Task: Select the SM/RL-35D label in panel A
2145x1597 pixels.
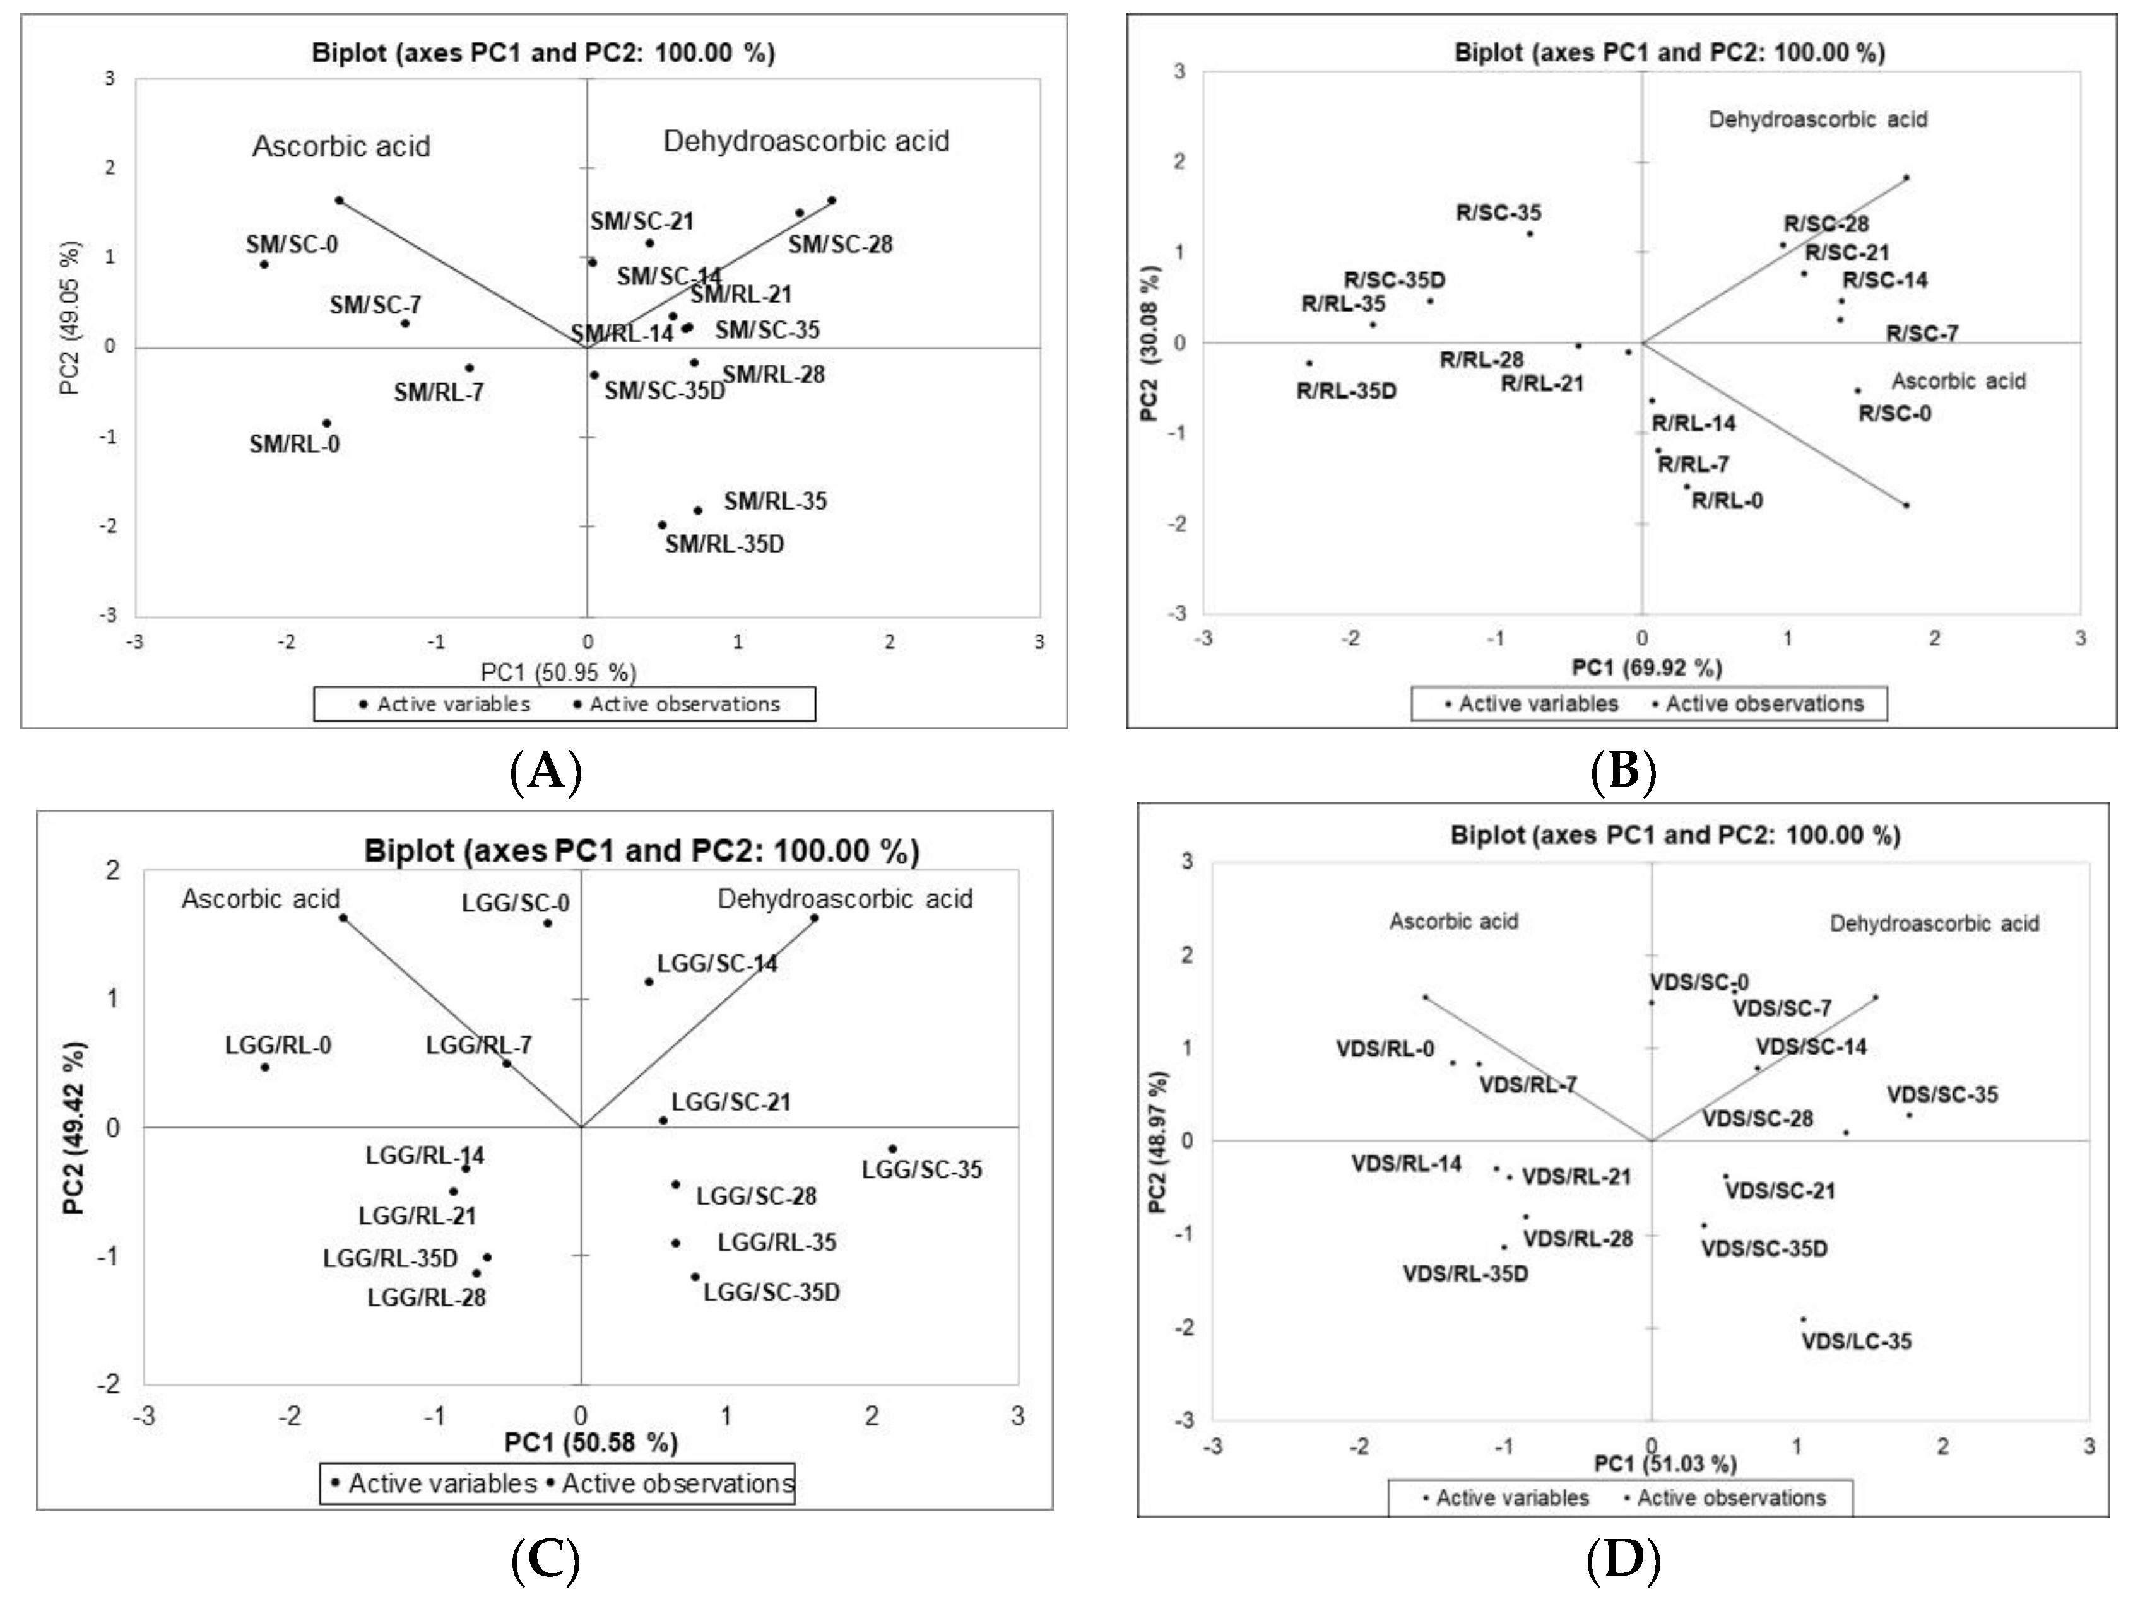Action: tap(724, 544)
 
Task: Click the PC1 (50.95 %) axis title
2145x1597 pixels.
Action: tap(559, 672)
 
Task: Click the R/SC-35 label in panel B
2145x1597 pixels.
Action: tap(1499, 213)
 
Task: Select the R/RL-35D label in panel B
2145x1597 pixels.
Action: tap(1346, 392)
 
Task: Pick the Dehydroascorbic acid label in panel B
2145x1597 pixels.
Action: tap(1818, 120)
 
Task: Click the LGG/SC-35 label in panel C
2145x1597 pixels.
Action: tap(921, 1170)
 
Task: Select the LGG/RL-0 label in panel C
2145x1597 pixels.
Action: tap(278, 1046)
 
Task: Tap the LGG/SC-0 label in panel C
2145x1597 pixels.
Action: tap(516, 904)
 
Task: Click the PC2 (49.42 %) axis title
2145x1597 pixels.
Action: tap(76, 1127)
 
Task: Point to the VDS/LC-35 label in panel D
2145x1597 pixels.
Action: tap(1856, 1342)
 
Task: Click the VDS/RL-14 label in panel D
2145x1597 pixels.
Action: tap(1406, 1163)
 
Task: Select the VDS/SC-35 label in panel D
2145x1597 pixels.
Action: tap(1942, 1096)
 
